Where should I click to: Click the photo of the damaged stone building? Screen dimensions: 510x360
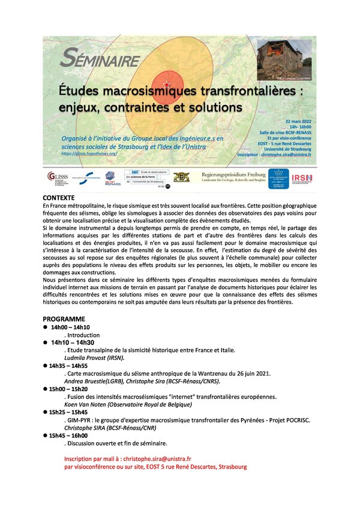click(x=284, y=60)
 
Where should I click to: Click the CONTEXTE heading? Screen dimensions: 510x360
click(x=59, y=197)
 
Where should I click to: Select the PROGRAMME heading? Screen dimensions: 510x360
click(x=64, y=319)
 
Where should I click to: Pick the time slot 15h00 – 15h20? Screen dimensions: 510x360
click(x=70, y=389)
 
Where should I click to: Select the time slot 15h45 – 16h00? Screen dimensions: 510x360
click(x=70, y=436)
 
